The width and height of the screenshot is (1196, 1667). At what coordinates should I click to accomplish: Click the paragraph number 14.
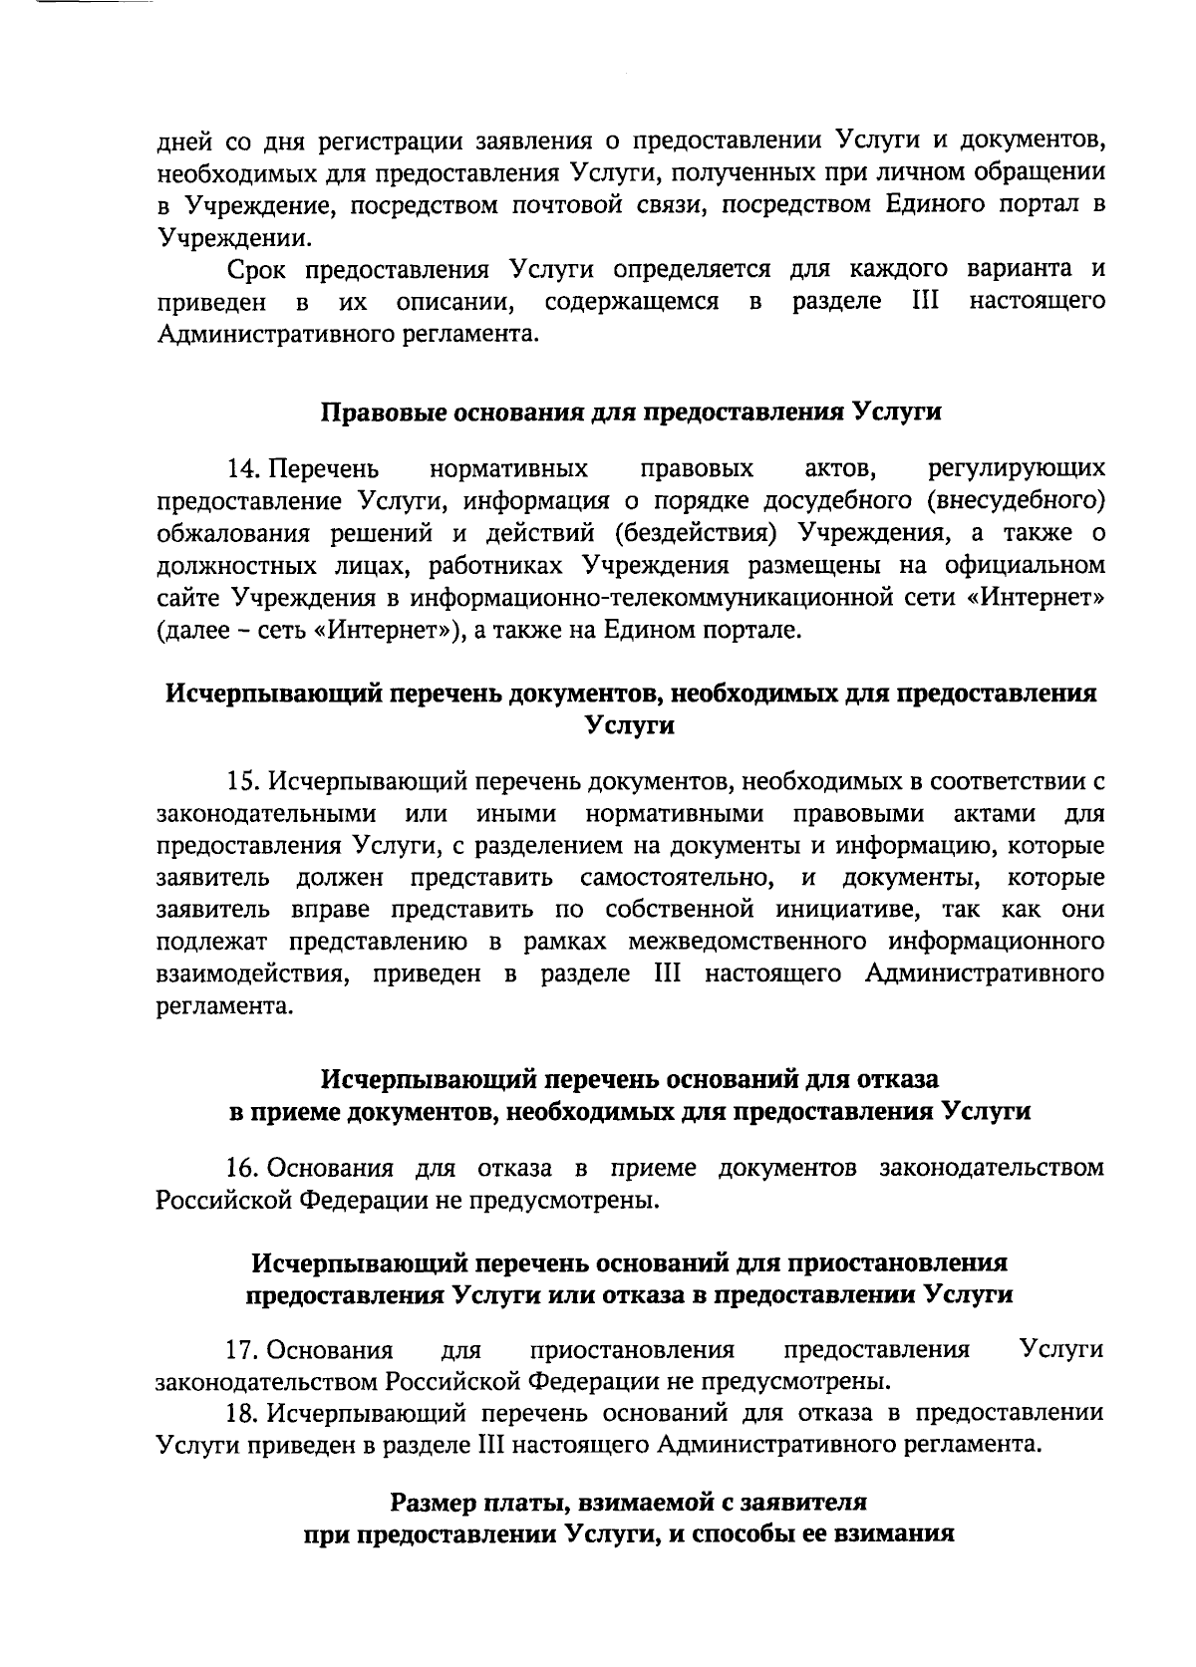tap(244, 468)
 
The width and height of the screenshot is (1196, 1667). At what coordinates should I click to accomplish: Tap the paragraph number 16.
tap(244, 1168)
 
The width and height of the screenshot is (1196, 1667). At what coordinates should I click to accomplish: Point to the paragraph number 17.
tap(244, 1350)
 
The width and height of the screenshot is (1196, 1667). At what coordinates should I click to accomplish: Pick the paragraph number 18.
tap(244, 1413)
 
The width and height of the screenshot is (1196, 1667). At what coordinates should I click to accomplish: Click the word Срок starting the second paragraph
tap(256, 270)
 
